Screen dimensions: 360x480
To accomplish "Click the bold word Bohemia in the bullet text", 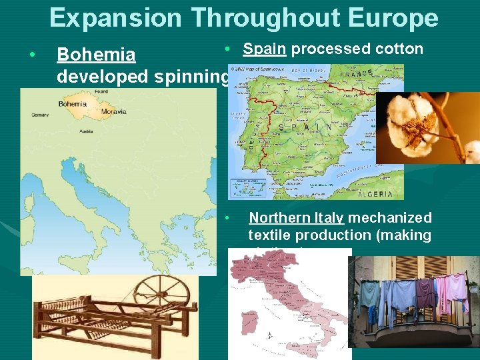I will click(x=96, y=55).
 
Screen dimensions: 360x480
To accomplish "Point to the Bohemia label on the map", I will click(x=73, y=104).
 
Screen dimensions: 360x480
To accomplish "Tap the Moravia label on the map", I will click(x=95, y=113).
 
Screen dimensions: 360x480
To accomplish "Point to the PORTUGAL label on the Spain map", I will click(x=255, y=137).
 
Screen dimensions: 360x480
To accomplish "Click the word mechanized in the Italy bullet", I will click(x=390, y=218).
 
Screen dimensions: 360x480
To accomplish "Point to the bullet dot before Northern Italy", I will click(x=227, y=218).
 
